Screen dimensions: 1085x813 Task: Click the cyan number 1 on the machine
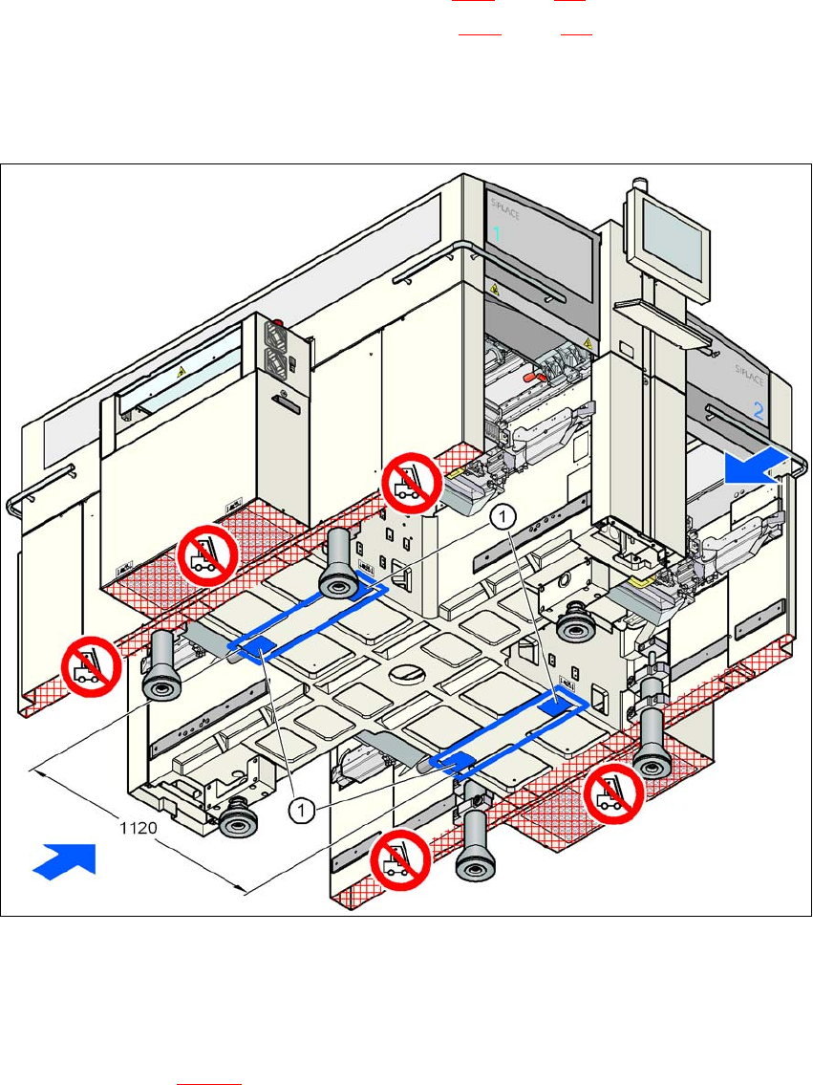[x=497, y=233]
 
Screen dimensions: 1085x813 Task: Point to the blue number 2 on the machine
[x=759, y=411]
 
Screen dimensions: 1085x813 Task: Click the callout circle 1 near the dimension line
[x=301, y=811]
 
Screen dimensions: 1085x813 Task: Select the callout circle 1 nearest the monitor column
[x=503, y=517]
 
